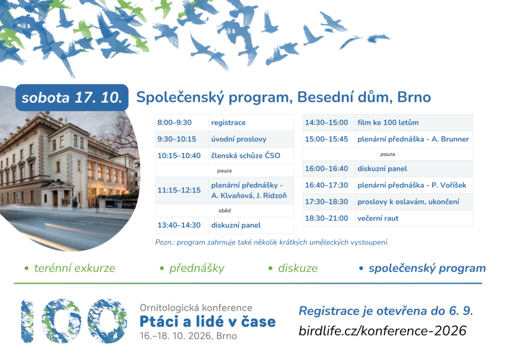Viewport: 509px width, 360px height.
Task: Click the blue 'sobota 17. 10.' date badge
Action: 72,97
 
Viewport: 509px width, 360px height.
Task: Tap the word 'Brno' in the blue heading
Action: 414,97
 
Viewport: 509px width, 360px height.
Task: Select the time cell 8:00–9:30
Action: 174,122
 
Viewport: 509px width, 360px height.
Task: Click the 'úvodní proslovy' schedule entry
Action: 239,139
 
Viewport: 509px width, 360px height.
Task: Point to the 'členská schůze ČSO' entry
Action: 246,156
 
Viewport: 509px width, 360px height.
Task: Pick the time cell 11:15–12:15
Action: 179,190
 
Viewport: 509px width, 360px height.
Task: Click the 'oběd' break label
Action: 224,210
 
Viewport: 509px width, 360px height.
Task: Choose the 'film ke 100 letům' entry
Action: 388,122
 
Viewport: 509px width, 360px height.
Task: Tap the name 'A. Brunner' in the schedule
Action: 450,139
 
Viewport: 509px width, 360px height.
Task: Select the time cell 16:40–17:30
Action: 326,185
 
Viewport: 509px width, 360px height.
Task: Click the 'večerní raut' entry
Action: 378,218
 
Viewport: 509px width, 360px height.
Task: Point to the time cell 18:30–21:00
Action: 326,218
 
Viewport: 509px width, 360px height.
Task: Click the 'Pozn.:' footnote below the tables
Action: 272,242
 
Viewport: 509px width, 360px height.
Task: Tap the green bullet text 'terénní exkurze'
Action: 75,268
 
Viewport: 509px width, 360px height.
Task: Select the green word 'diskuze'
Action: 298,268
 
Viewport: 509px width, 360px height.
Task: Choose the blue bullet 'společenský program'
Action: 427,268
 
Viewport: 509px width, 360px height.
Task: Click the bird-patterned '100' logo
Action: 74,321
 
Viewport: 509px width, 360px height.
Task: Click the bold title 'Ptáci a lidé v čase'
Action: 207,321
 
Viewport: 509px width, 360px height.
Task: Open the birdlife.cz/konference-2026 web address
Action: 382,331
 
